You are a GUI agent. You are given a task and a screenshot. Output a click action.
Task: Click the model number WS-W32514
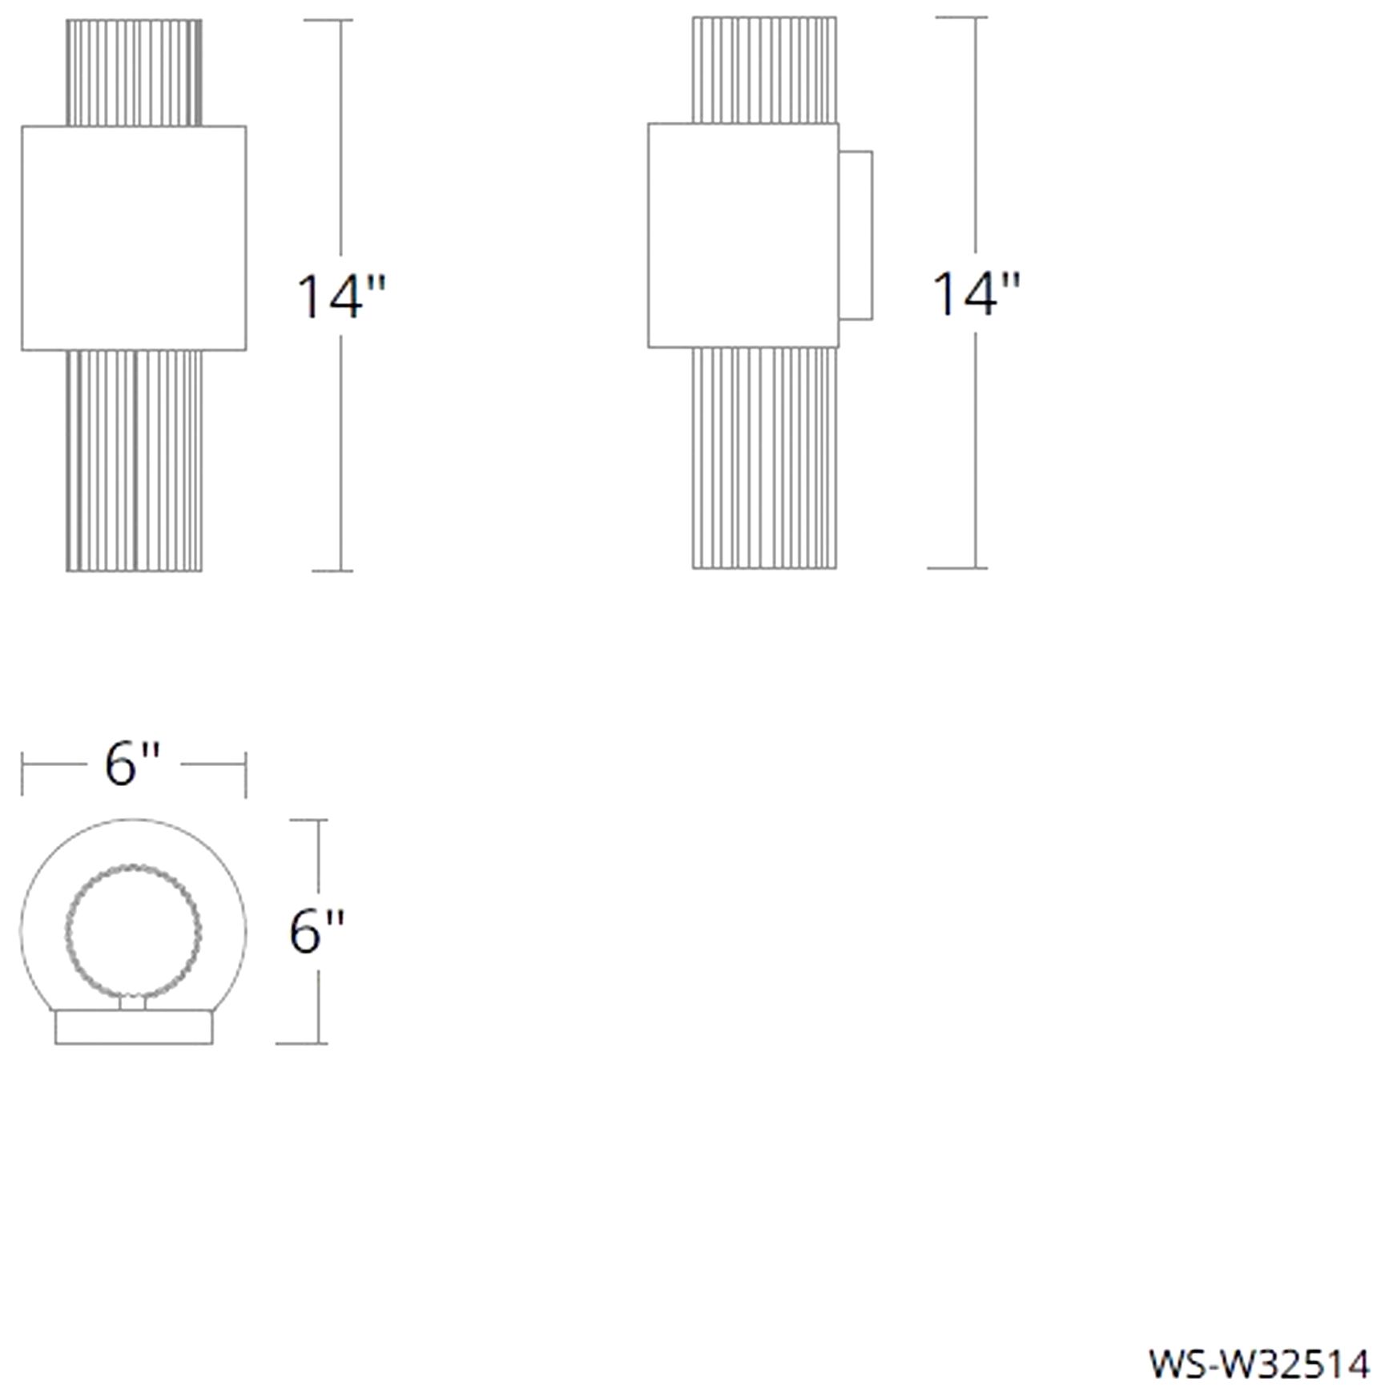coord(1258,1365)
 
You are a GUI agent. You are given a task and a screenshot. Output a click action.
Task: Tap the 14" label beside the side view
coord(976,293)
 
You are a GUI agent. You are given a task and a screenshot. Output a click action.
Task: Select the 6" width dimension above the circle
coord(132,764)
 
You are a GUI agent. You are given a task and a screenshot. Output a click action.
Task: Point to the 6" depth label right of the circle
coord(316,931)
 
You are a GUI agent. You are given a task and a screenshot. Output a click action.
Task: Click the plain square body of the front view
coord(134,238)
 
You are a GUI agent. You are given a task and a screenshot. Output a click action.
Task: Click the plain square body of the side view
coord(743,236)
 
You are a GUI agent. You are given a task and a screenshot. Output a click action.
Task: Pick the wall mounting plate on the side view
coord(856,236)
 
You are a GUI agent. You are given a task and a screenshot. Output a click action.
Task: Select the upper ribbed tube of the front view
coord(134,73)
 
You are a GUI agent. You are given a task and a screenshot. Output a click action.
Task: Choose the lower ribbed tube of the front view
coord(134,461)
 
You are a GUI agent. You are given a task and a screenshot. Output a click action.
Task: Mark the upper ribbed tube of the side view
coord(764,71)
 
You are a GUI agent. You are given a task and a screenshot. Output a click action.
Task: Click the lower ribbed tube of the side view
coord(764,458)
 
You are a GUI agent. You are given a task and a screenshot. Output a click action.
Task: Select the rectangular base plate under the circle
coord(134,1027)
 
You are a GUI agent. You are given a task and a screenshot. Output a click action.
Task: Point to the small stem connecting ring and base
coord(133,1002)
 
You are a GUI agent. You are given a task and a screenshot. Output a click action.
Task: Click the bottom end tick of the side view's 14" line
coord(957,568)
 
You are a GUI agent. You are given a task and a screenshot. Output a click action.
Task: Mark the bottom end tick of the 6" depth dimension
coord(301,1043)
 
